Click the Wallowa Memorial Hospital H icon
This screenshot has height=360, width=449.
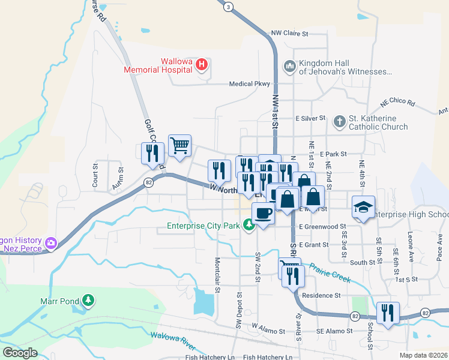(x=202, y=64)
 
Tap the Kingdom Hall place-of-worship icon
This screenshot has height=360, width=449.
(x=290, y=64)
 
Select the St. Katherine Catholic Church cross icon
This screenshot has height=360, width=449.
(x=339, y=122)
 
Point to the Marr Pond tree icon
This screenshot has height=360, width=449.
(x=88, y=299)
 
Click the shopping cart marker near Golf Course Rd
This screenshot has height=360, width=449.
(x=179, y=145)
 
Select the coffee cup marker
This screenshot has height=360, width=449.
(x=263, y=212)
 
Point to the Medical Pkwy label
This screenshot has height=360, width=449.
(x=249, y=84)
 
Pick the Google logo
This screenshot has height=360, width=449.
(x=20, y=352)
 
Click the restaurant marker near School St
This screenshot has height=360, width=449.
(x=387, y=313)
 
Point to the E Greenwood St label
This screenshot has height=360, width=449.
(x=323, y=227)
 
